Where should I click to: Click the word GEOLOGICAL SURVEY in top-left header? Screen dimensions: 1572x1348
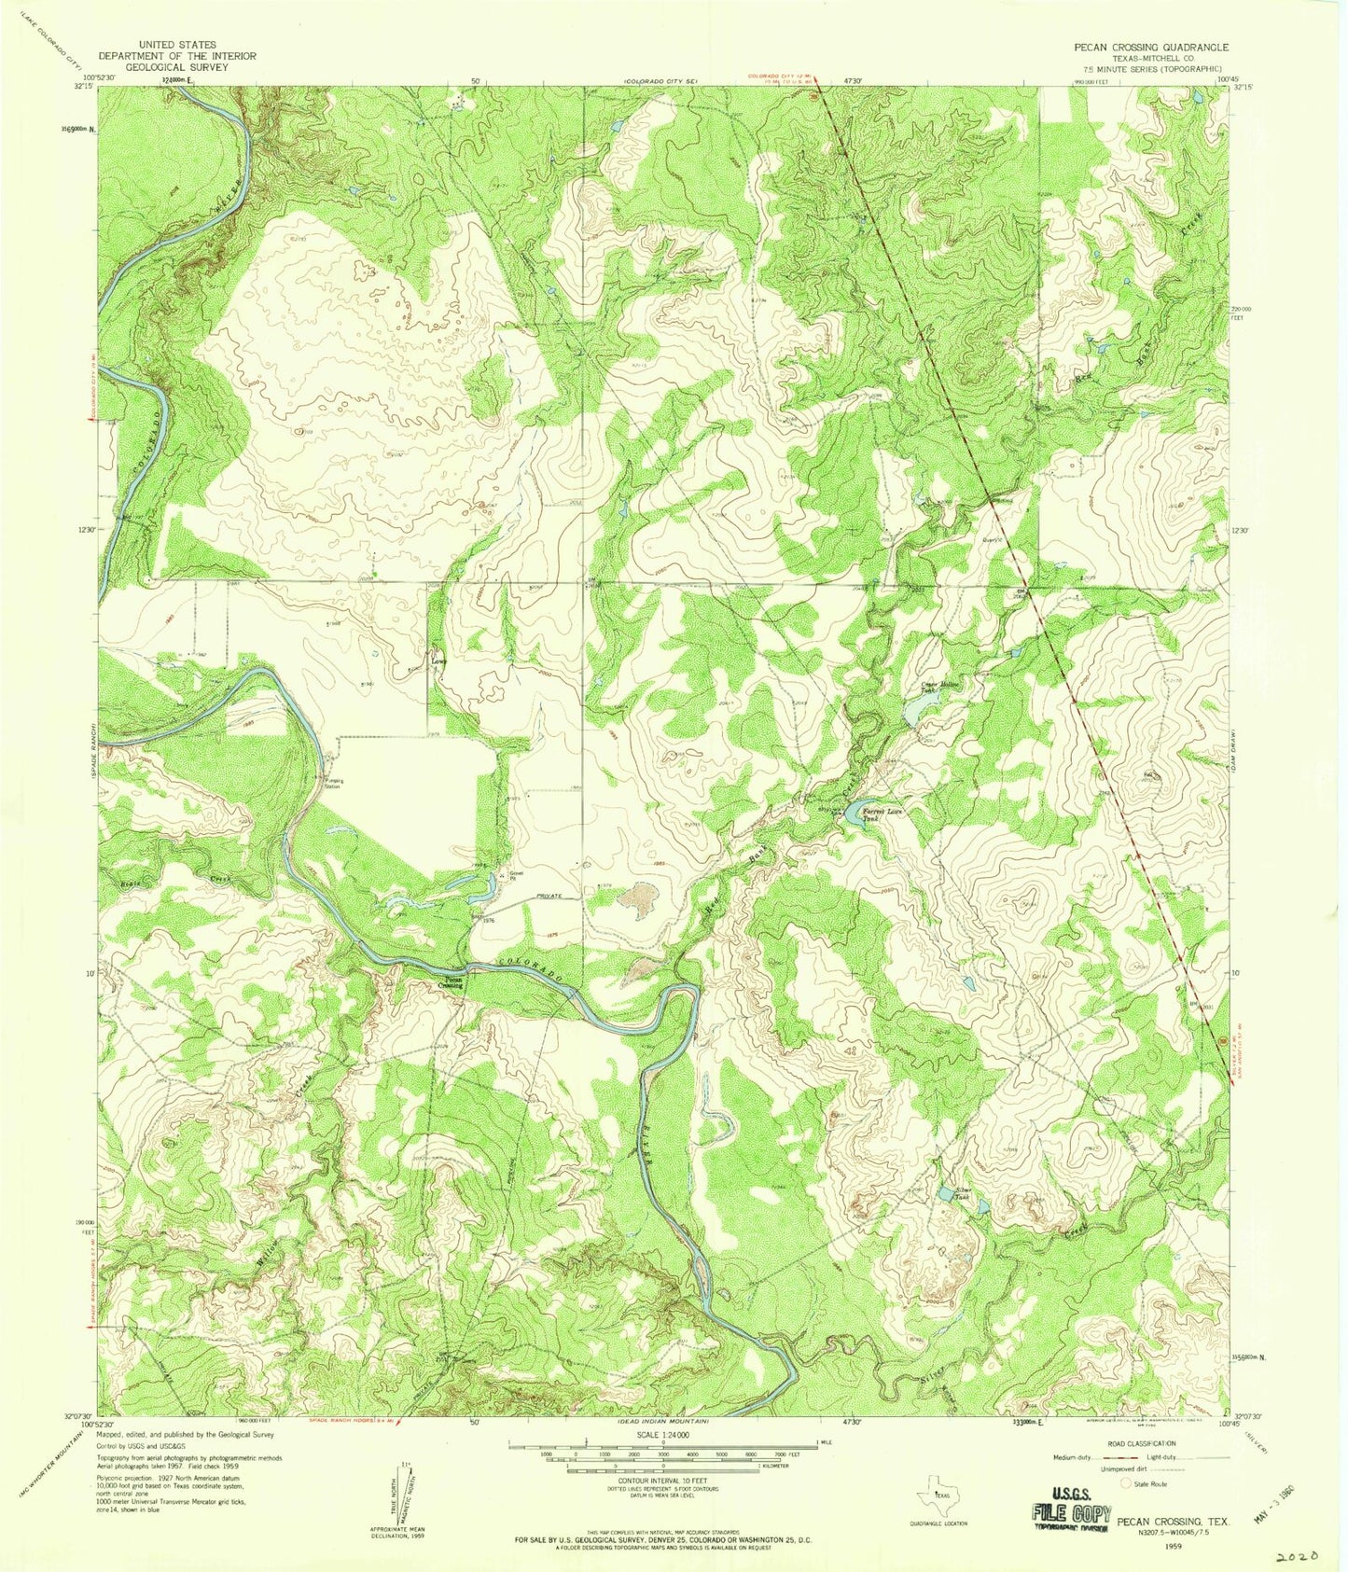[x=176, y=68]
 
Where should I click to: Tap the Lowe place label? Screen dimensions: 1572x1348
[x=438, y=662]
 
